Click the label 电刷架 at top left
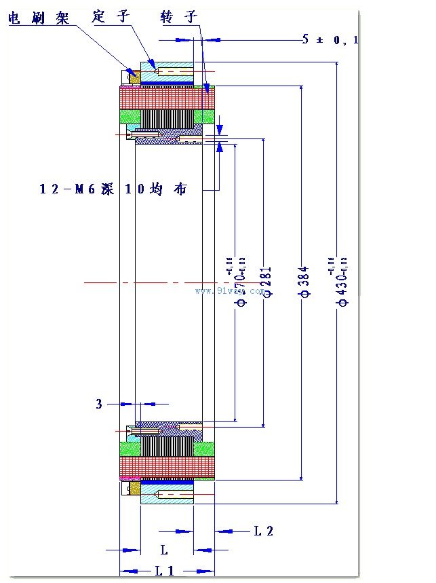pyautogui.click(x=39, y=18)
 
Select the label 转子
pyautogui.click(x=178, y=16)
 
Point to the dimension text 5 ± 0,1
pyautogui.click(x=330, y=40)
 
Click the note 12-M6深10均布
pyautogui.click(x=113, y=190)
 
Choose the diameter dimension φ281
pyautogui.click(x=266, y=281)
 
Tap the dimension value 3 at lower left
pyautogui.click(x=99, y=404)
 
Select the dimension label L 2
pyautogui.click(x=263, y=531)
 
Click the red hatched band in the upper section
pyautogui.click(x=167, y=99)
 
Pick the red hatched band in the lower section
pyautogui.click(x=167, y=466)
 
